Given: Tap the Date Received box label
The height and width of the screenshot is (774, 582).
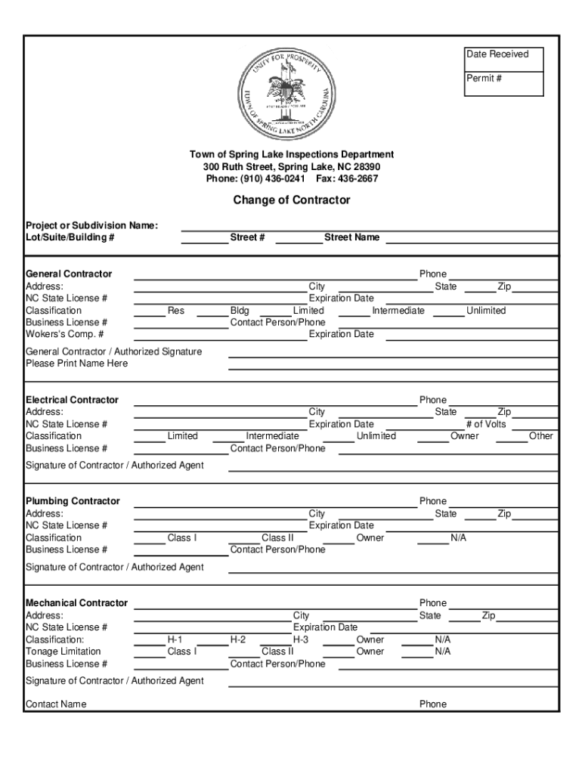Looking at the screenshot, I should [x=497, y=54].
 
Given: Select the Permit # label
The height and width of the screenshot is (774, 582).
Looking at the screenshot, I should [x=484, y=79].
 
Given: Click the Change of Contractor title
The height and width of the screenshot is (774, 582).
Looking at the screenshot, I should [x=291, y=200].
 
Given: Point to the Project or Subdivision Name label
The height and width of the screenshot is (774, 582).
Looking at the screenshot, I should [x=91, y=225].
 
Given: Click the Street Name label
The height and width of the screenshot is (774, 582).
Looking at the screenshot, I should [x=351, y=237].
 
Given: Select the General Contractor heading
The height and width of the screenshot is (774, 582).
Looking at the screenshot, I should [x=69, y=274].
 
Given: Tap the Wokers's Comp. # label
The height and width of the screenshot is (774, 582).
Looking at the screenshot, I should [x=65, y=334].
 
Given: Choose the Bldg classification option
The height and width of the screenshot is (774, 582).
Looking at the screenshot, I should [x=240, y=311].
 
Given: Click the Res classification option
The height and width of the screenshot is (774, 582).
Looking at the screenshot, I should [x=176, y=311].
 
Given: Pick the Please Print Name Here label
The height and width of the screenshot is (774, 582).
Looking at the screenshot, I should [x=77, y=364].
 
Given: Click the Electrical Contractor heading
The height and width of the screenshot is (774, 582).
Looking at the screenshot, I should [x=72, y=400].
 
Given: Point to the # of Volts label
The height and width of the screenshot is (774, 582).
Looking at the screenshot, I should [x=486, y=424].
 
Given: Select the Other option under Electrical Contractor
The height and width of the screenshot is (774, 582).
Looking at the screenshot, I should [x=541, y=436].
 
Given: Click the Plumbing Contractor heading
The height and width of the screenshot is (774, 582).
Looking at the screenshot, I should [x=73, y=501].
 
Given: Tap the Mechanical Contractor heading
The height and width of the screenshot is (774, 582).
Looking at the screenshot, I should [x=76, y=603].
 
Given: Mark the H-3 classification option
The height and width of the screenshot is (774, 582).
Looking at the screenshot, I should [x=301, y=639].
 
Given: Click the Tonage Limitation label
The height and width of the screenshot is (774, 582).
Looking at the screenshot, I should [x=63, y=652].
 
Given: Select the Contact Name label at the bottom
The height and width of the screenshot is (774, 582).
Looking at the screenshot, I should [x=56, y=704].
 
